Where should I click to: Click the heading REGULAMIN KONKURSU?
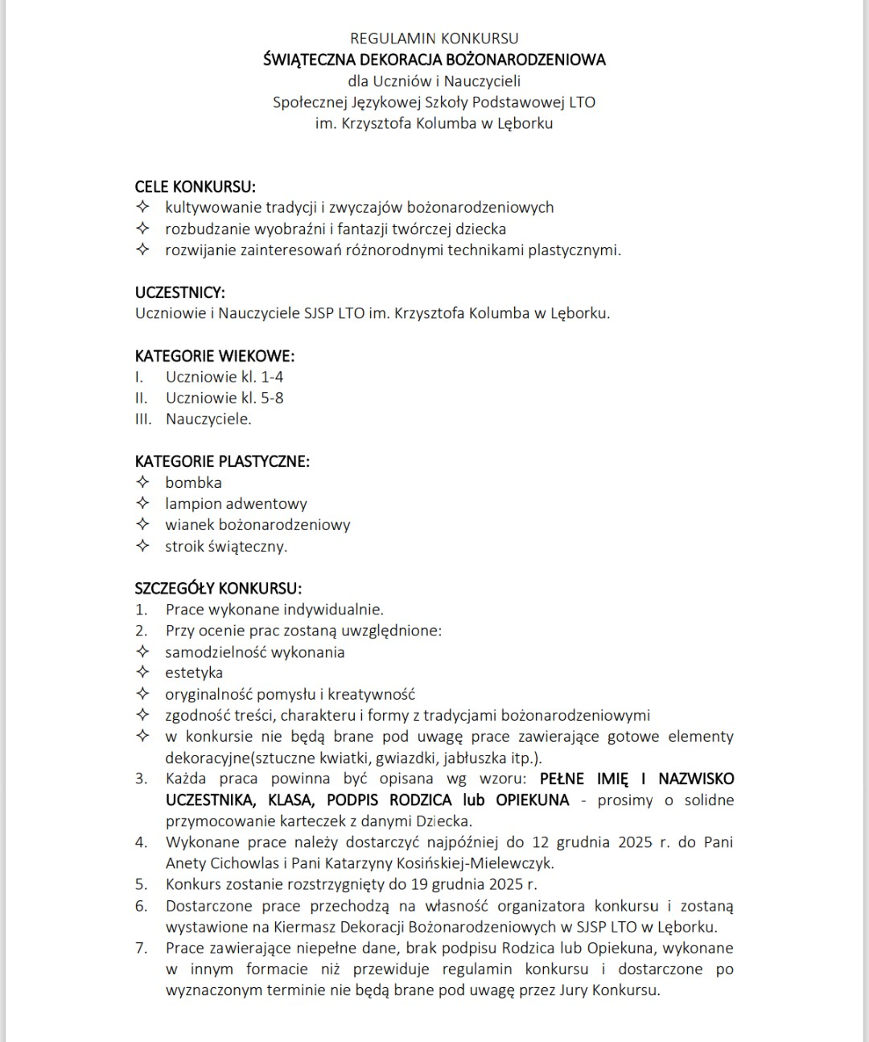[434, 38]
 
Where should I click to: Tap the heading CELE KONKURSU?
[195, 187]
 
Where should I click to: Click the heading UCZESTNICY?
[179, 292]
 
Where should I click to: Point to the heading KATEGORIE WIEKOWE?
[214, 356]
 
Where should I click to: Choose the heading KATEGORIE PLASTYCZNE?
[222, 461]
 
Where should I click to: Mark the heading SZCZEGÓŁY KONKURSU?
[218, 589]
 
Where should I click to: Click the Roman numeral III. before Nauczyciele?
[143, 419]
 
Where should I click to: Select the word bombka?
[193, 482]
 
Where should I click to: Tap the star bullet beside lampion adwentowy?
[142, 503]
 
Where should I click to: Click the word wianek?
[189, 525]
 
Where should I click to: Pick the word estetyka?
[194, 673]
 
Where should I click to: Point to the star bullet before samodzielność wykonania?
[142, 651]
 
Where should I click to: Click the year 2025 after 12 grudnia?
[636, 842]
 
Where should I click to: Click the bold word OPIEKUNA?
[533, 800]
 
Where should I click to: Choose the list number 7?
[141, 948]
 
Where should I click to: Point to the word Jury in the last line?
[574, 990]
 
